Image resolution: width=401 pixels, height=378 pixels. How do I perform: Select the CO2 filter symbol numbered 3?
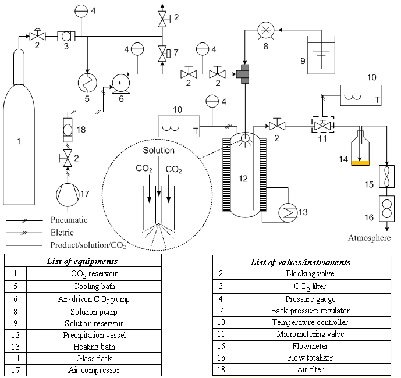[x=66, y=36]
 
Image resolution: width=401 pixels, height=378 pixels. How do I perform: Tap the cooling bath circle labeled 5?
[x=87, y=83]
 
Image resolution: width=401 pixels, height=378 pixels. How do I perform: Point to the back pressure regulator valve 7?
[x=164, y=54]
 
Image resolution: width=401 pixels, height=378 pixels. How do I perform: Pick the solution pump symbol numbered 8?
[x=266, y=31]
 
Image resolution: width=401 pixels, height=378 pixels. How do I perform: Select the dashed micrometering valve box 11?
[x=323, y=124]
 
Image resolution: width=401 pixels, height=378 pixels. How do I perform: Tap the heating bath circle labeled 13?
[x=288, y=213]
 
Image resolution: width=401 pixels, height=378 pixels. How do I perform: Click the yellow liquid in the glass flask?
[x=360, y=163]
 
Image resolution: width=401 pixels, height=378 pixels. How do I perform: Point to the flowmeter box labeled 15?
[x=386, y=176]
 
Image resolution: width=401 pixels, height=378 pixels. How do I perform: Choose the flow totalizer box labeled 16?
[x=386, y=209]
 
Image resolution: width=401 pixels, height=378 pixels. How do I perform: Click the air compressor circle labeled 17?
[x=68, y=195]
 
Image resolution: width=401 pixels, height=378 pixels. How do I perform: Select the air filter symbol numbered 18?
[x=68, y=130]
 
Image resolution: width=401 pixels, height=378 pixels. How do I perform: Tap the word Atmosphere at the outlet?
[x=370, y=238]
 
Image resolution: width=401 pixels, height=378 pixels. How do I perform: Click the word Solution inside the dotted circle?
[x=158, y=150]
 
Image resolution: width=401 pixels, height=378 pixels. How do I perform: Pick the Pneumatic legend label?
[x=69, y=220]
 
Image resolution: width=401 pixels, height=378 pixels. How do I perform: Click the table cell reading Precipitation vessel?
[x=94, y=335]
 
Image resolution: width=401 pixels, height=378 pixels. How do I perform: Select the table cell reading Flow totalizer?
[x=310, y=358]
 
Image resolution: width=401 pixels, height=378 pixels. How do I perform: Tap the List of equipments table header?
[x=82, y=261]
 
